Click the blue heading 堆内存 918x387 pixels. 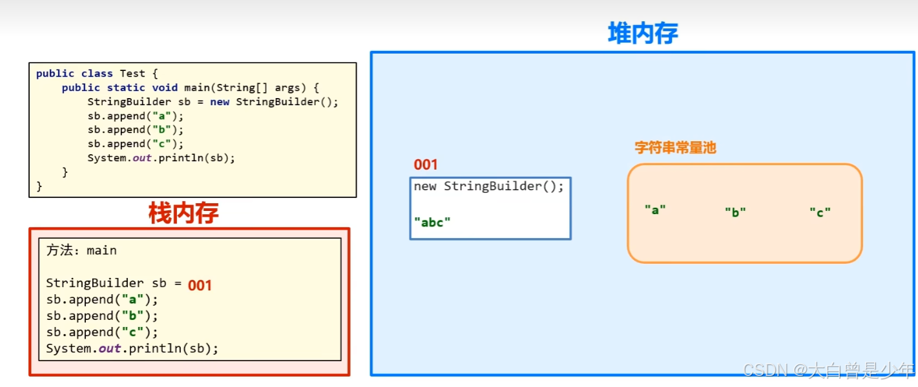click(643, 33)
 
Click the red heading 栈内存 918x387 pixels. click(183, 213)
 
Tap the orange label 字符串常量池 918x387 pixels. click(675, 148)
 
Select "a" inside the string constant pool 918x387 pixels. click(655, 210)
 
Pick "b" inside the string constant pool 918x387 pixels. click(735, 212)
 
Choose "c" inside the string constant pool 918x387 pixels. click(820, 212)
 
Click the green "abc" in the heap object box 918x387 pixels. click(432, 223)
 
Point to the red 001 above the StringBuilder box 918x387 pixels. click(426, 164)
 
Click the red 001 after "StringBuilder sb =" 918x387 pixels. click(200, 285)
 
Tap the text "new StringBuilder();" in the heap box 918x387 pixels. click(489, 186)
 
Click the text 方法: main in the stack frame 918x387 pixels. click(81, 250)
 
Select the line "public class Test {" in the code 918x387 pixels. click(96, 74)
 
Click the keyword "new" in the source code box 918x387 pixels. click(220, 102)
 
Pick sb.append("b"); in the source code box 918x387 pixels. click(136, 130)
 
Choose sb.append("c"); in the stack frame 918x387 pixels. click(102, 332)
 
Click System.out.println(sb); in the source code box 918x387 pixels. click(162, 158)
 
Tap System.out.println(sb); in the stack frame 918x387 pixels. click(132, 348)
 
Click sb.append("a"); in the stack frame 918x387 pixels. click(102, 299)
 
